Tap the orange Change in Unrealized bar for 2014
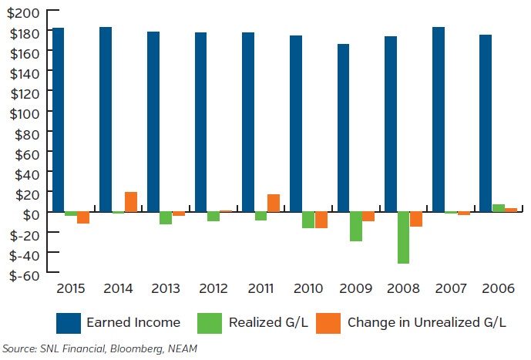130,201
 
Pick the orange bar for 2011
274,203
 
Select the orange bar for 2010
321,220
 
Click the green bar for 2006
499,208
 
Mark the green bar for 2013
166,218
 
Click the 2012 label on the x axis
213,289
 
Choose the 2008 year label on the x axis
403,289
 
